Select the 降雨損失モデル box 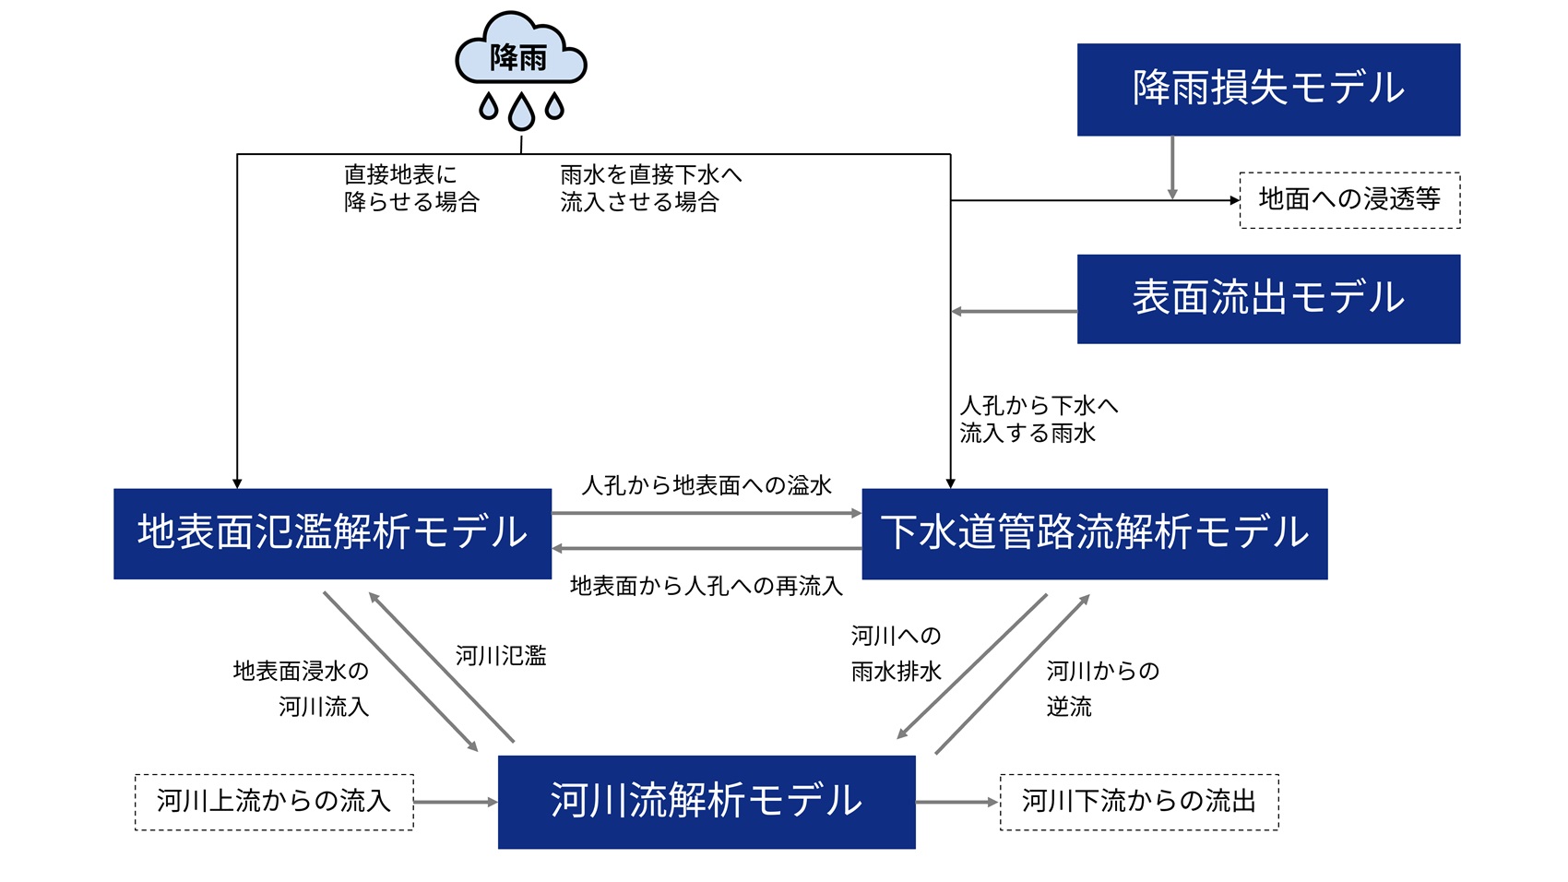tap(1268, 89)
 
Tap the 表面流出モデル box tap(1268, 299)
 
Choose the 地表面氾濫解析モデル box tap(332, 533)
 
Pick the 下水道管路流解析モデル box tap(1094, 533)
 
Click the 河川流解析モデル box tap(707, 801)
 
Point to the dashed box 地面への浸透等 tap(1349, 199)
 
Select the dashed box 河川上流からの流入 tap(274, 801)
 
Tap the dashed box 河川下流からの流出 tap(1139, 801)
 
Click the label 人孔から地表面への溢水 tap(707, 485)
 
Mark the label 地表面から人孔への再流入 tap(707, 586)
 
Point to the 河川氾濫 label tap(501, 656)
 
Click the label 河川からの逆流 tap(1102, 688)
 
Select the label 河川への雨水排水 tap(896, 653)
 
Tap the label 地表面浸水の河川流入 tap(302, 688)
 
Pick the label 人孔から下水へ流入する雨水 tap(1038, 419)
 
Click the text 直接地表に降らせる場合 tap(411, 188)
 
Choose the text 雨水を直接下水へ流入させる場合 tap(649, 188)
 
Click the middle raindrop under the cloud tap(521, 112)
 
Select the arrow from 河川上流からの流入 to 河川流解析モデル tap(455, 802)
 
